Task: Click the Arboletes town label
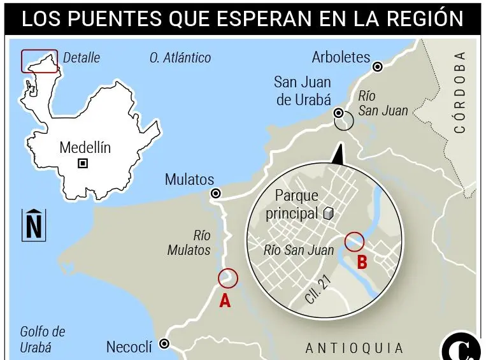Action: [x=341, y=57]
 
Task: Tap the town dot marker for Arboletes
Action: [x=378, y=66]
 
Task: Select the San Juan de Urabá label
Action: [x=303, y=90]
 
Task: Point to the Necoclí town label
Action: [x=129, y=347]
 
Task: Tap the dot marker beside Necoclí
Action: [x=164, y=344]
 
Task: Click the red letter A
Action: [x=225, y=301]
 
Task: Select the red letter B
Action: [x=362, y=261]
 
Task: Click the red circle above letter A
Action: [x=227, y=278]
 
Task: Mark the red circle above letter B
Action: [x=354, y=241]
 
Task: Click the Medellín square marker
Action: [x=83, y=164]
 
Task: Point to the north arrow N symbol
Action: [x=34, y=225]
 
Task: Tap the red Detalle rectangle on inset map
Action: [x=39, y=61]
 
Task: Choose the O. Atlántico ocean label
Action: [x=180, y=58]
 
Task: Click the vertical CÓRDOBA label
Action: [x=460, y=92]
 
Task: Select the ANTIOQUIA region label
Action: [x=354, y=349]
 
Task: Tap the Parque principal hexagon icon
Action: [x=328, y=213]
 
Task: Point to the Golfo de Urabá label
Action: [x=43, y=340]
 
